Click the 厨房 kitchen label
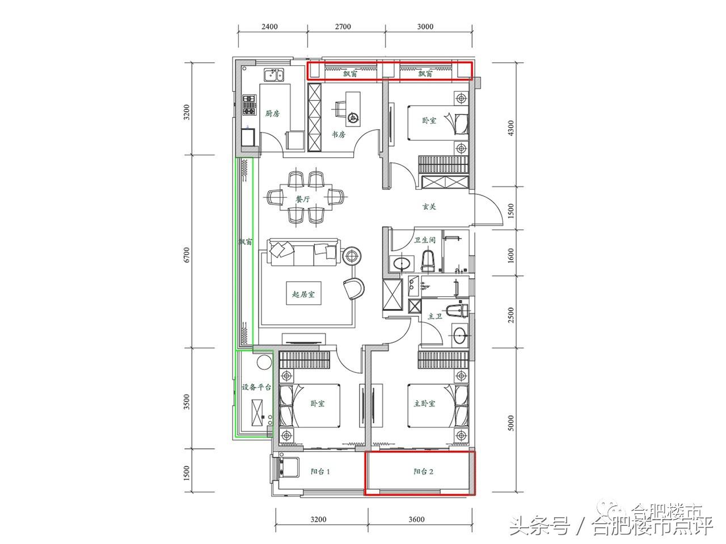tap(273, 113)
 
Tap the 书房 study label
tap(339, 134)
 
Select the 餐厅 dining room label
tap(303, 199)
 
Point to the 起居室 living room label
tap(303, 295)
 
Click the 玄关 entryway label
tap(429, 207)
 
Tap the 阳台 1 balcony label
tap(320, 471)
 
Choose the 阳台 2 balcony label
tap(423, 471)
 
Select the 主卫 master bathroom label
tap(435, 316)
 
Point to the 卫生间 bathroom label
tap(424, 240)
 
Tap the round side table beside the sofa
tap(352, 256)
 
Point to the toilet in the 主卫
tap(457, 310)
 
